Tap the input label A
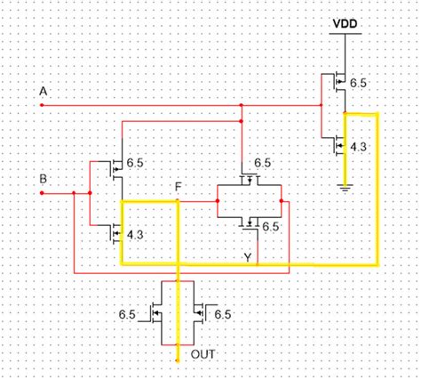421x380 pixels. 42,91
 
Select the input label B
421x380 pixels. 42,179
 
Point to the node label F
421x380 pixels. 179,188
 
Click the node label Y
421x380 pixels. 249,257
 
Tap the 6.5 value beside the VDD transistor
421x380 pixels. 358,83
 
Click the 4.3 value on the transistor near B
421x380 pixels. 135,235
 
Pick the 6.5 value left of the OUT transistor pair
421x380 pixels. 127,314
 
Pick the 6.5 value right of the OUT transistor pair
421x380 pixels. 222,314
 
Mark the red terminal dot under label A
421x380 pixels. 42,104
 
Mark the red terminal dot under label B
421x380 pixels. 42,193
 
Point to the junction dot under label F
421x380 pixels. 179,201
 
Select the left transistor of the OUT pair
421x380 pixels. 156,313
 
